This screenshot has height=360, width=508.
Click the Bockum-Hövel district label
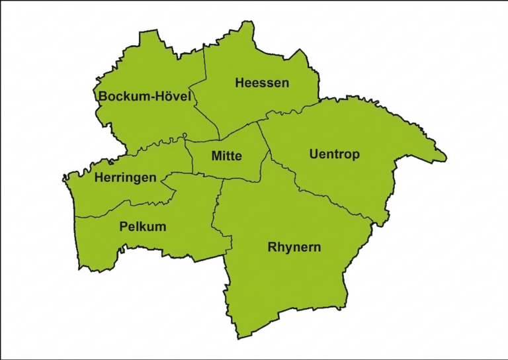(x=145, y=97)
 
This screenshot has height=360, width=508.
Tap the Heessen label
(x=262, y=83)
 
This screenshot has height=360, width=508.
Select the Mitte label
(x=227, y=156)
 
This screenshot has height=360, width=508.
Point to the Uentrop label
(x=335, y=154)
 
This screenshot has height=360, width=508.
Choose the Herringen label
(x=126, y=177)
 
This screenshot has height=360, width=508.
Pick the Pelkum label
(x=143, y=226)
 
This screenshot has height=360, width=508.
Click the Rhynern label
(x=294, y=247)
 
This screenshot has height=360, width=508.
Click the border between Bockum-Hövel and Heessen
(x=204, y=66)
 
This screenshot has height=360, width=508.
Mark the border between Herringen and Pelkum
(x=106, y=210)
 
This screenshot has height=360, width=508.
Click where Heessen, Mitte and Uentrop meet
(x=258, y=122)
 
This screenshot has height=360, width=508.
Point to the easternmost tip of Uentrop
(x=446, y=159)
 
